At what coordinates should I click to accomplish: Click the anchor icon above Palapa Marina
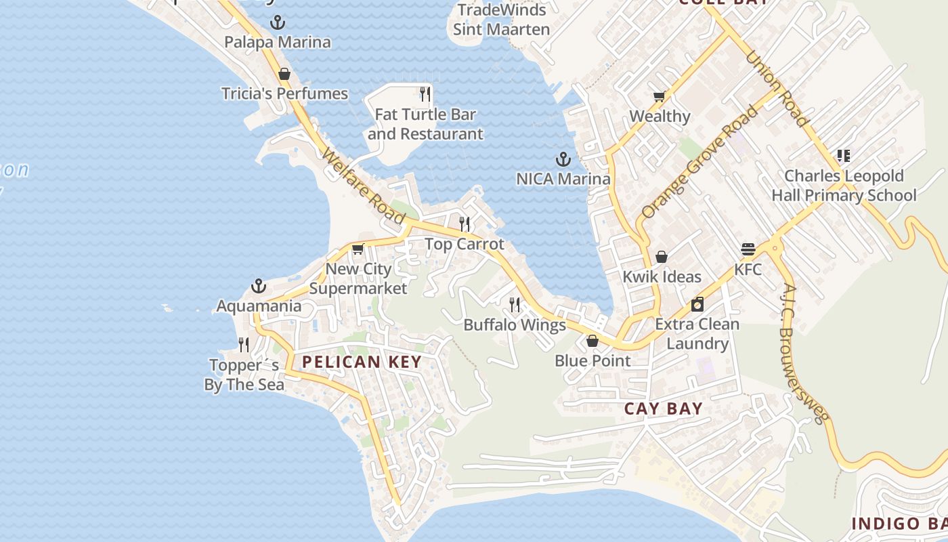278,22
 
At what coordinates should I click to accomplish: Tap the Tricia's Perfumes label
284,93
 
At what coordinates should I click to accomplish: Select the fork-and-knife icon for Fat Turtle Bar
425,93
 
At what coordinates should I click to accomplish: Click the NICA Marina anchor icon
563,160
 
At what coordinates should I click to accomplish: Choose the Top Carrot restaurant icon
465,224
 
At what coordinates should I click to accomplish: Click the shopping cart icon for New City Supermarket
358,249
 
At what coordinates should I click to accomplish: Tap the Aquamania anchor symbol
259,286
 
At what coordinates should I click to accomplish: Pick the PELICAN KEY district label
362,362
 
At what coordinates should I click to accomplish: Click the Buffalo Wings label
515,325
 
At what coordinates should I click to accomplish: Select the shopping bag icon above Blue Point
592,341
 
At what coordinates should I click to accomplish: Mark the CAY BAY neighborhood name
663,409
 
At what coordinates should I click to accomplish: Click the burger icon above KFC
748,249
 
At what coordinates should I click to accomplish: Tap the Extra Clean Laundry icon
697,304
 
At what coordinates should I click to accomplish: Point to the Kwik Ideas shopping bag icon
662,257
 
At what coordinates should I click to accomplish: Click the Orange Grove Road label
699,163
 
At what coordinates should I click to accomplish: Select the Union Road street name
777,89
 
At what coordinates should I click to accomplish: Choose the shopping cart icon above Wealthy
660,96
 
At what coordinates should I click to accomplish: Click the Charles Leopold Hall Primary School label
844,186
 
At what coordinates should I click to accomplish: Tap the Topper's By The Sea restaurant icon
244,345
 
